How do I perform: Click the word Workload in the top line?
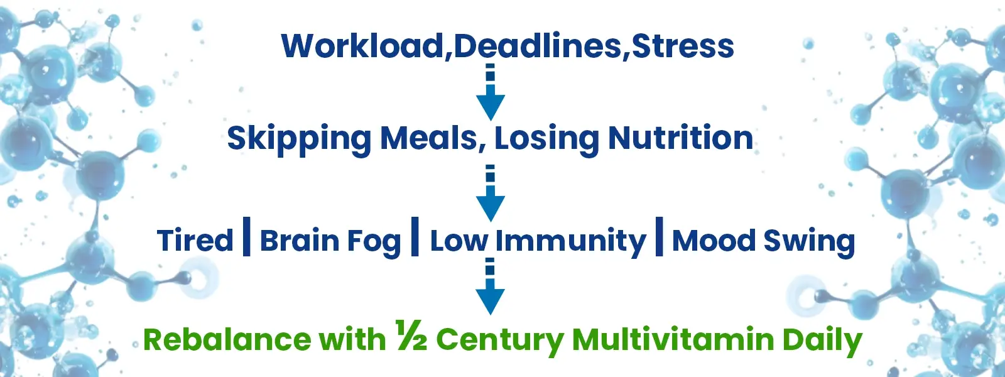pyautogui.click(x=362, y=46)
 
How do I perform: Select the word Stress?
pyautogui.click(x=682, y=46)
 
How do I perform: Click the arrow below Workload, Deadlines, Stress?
pyautogui.click(x=491, y=92)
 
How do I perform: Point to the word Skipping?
pyautogui.click(x=299, y=139)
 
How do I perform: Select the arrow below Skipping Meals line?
pyautogui.click(x=491, y=193)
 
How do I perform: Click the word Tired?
pyautogui.click(x=195, y=239)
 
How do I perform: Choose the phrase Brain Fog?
pyautogui.click(x=330, y=242)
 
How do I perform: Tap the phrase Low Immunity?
pyautogui.click(x=538, y=242)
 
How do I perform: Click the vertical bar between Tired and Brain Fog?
pyautogui.click(x=246, y=236)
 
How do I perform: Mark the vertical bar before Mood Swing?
pyautogui.click(x=659, y=236)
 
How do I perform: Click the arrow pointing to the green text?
pyautogui.click(x=491, y=287)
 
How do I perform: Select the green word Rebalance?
pyautogui.click(x=227, y=339)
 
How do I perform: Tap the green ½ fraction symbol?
pyautogui.click(x=411, y=335)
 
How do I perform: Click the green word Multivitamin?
pyautogui.click(x=673, y=339)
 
